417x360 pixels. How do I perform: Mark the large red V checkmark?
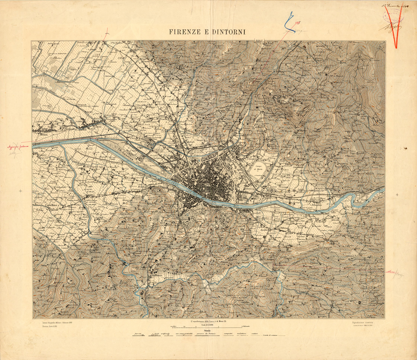click(394, 28)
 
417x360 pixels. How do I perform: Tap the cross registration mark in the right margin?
click(397, 195)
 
